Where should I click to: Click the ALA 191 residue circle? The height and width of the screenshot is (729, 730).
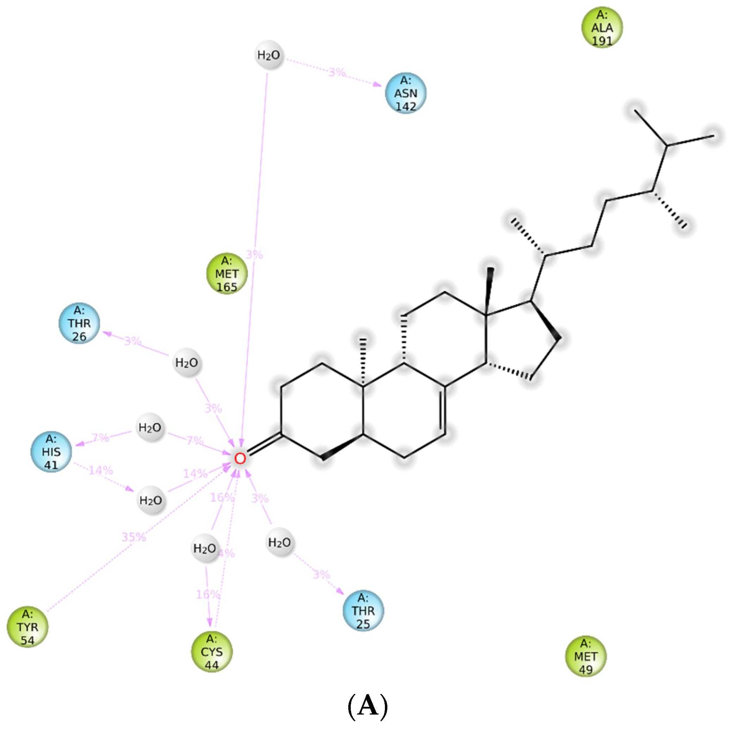(601, 27)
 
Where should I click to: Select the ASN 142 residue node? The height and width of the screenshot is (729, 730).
(405, 93)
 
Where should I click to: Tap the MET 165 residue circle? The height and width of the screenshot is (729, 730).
(227, 274)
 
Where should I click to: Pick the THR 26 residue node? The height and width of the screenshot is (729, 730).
(79, 323)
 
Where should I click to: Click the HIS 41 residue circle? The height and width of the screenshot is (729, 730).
(51, 451)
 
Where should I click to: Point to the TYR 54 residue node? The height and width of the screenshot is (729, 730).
(27, 627)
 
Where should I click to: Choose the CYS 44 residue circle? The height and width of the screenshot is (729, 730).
(212, 652)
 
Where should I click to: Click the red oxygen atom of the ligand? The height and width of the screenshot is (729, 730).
(240, 459)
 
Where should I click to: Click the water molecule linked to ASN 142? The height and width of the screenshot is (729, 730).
(269, 55)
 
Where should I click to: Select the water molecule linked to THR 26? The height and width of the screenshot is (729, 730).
(187, 363)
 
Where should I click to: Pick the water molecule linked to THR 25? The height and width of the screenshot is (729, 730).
(280, 543)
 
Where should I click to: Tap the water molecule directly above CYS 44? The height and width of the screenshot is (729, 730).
(205, 548)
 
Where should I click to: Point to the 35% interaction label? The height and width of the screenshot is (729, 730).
(134, 537)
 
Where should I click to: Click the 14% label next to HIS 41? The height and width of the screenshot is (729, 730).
(100, 470)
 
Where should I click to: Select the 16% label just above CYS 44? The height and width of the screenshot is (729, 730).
(208, 594)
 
